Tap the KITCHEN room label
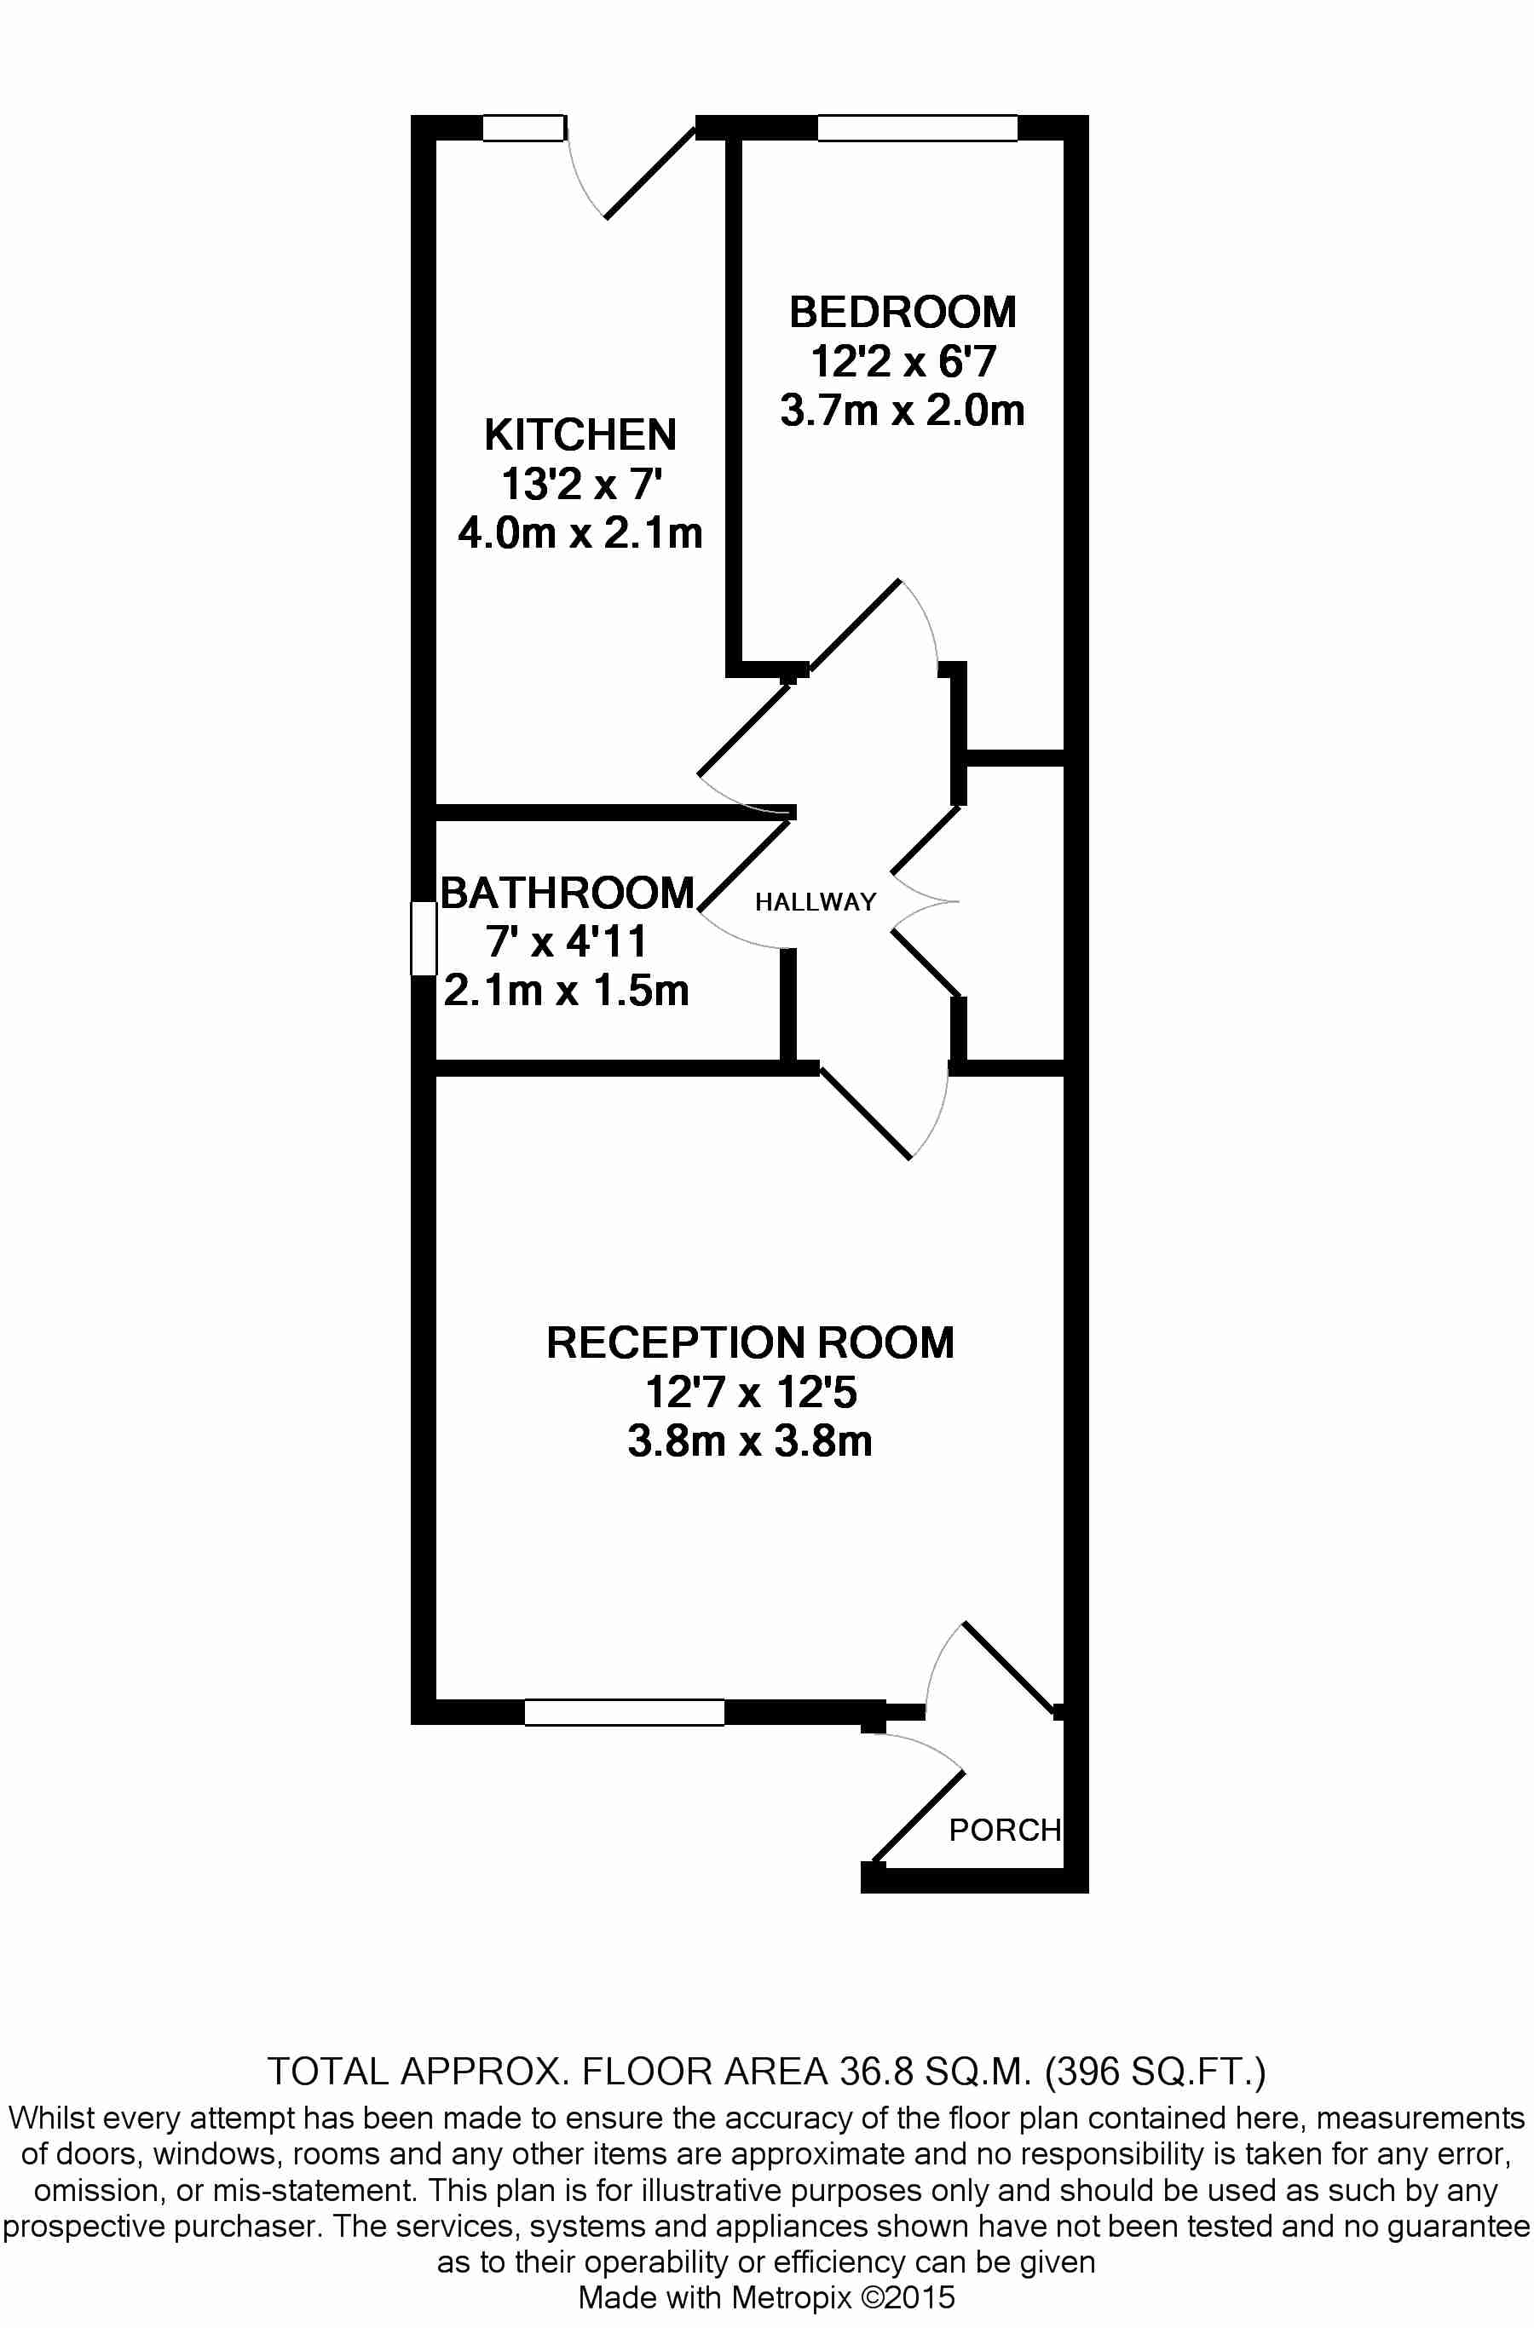[580, 435]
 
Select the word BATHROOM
[568, 893]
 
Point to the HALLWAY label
[815, 902]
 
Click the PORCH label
[1005, 1831]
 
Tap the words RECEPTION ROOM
[750, 1343]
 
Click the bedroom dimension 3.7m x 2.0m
[902, 411]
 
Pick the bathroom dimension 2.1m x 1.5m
[567, 990]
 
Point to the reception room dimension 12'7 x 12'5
[750, 1392]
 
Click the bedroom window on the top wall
[918, 128]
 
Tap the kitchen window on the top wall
[524, 128]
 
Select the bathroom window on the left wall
[424, 938]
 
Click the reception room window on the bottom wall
[624, 1713]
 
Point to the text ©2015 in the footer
[907, 2296]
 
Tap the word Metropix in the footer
[792, 2297]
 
